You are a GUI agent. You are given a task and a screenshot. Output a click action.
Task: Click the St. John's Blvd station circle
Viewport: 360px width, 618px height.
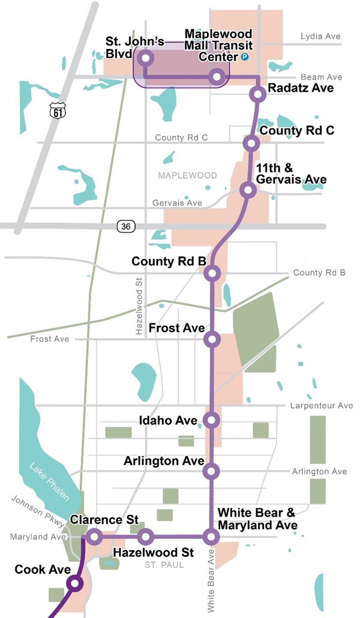pos(145,58)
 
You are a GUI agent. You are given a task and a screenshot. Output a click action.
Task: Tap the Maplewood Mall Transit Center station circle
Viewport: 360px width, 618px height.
pos(217,77)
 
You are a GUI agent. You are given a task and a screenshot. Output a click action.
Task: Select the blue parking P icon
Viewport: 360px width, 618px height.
pos(245,58)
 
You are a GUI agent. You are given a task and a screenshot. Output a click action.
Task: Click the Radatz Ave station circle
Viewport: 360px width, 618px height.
pos(258,94)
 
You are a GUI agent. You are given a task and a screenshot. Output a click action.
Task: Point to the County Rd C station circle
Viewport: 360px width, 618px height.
pos(251,143)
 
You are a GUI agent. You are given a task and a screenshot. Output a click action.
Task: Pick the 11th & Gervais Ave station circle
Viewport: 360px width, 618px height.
pos(248,190)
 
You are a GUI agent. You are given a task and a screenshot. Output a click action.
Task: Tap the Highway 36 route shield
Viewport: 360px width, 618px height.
pos(124,226)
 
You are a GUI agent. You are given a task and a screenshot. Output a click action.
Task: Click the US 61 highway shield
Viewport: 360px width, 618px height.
pos(56,110)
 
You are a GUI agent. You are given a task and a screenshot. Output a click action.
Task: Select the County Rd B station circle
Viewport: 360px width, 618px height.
pos(212,273)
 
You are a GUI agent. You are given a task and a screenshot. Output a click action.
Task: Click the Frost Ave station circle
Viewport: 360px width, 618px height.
pos(212,339)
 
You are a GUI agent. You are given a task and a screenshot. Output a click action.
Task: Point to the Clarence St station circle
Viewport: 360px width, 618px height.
pos(94,537)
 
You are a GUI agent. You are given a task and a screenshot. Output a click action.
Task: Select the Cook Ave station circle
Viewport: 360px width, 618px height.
pos(75,583)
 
